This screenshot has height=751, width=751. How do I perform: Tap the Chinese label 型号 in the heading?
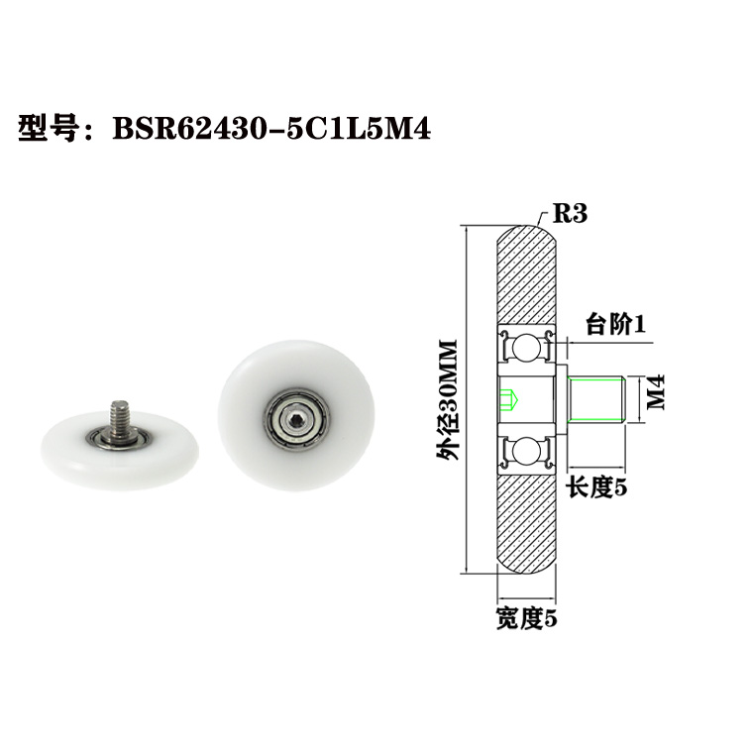(49, 130)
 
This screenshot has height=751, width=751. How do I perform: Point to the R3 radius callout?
(572, 212)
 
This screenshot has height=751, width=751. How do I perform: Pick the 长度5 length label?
(595, 486)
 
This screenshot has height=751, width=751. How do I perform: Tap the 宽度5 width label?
(527, 620)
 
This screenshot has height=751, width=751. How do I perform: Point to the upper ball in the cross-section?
(525, 348)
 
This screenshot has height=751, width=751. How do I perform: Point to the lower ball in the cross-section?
(525, 453)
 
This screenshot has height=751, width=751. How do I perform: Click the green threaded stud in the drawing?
(596, 400)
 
